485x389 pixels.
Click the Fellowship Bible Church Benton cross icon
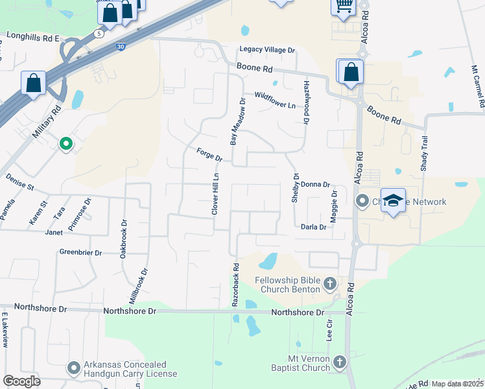coord(330,283)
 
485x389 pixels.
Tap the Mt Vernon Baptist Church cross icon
coord(339,361)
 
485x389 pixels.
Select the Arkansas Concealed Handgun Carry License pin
coord(74,368)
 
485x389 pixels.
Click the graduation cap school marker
coord(393,200)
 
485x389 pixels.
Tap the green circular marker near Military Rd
coord(65,144)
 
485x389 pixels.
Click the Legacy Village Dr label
coord(267,49)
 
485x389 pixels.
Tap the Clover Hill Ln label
coord(216,194)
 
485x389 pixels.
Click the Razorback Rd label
coord(237,284)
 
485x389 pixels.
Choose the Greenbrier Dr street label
coord(82,252)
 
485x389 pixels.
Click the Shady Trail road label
coord(425,158)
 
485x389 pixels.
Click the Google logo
coord(22,381)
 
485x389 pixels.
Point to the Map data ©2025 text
coord(457,384)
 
